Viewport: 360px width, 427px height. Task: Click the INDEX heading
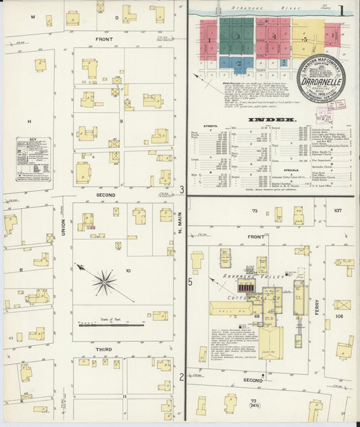click(272, 120)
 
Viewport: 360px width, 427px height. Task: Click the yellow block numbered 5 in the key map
click(305, 41)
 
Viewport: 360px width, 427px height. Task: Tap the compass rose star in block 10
click(104, 282)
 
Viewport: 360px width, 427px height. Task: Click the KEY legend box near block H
click(33, 159)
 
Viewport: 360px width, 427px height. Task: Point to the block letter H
click(30, 121)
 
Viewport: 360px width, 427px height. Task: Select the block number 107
click(338, 211)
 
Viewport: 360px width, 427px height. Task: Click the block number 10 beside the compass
click(129, 270)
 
